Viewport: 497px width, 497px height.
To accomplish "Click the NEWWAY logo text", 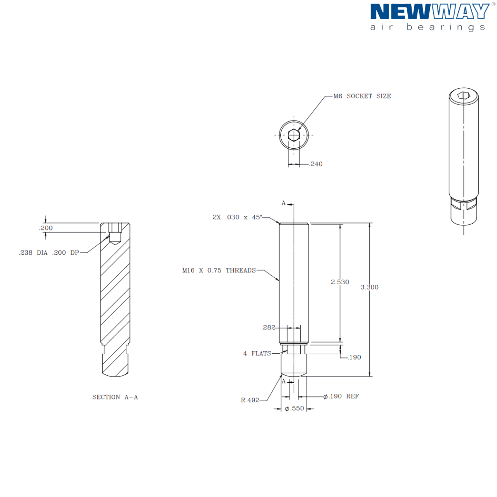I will pyautogui.click(x=429, y=12).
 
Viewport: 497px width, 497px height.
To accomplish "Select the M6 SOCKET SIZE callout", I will pyautogui.click(x=362, y=96).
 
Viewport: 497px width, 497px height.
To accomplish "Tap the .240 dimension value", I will pyautogui.click(x=316, y=164).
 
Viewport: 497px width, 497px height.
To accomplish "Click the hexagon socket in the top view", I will pyautogui.click(x=294, y=135).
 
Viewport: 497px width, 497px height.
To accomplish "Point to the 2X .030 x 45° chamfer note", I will pyautogui.click(x=237, y=217).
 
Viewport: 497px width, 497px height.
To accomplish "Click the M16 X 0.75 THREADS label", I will pyautogui.click(x=219, y=270).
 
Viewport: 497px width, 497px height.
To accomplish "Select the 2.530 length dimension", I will pyautogui.click(x=340, y=282).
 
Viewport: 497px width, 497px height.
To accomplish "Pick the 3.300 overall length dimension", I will pyautogui.click(x=369, y=287).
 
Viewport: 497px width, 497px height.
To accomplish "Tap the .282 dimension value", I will pyautogui.click(x=268, y=327).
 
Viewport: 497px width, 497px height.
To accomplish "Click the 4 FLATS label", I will pyautogui.click(x=257, y=353).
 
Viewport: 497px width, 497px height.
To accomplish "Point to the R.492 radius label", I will pyautogui.click(x=250, y=400).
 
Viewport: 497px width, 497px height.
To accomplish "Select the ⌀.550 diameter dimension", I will pyautogui.click(x=294, y=408).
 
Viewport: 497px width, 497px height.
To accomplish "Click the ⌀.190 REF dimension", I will pyautogui.click(x=341, y=396).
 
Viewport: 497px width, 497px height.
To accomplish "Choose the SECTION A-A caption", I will pyautogui.click(x=115, y=397).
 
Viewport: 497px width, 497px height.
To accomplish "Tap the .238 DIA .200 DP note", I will pyautogui.click(x=49, y=253).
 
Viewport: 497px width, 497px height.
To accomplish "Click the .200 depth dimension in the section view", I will pyautogui.click(x=46, y=228).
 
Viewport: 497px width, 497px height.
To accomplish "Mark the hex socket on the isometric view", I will pyautogui.click(x=463, y=96).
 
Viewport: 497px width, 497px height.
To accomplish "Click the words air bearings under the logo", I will pyautogui.click(x=427, y=27).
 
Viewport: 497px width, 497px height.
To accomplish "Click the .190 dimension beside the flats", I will pyautogui.click(x=355, y=357).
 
